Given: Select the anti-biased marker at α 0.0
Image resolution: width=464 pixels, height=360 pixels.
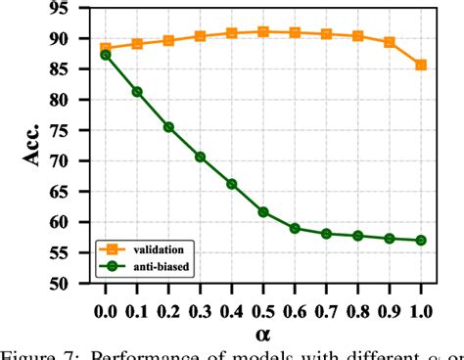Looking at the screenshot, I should coord(106,55).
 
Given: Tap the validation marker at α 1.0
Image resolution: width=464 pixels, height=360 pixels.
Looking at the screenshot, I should coord(421,66).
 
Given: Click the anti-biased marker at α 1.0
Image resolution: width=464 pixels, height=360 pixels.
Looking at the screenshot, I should coord(421,240).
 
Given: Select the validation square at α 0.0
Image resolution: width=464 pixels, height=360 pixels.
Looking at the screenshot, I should coord(106,48).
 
